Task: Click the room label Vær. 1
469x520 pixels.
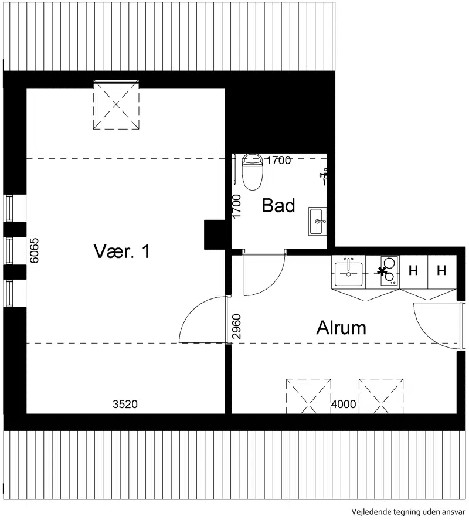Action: click(121, 251)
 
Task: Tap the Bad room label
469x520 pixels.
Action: click(278, 205)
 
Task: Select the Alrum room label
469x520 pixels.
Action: click(341, 328)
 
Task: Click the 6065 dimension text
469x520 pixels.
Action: click(34, 250)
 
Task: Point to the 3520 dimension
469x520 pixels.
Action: click(125, 404)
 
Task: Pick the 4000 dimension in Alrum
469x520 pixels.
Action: click(344, 404)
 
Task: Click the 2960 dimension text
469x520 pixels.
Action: click(236, 327)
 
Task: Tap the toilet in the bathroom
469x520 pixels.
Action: click(253, 172)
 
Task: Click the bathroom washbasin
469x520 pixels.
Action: click(317, 221)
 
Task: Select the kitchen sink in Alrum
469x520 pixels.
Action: click(348, 272)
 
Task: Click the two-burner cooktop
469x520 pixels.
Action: click(389, 271)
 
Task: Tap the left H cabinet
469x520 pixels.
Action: click(413, 271)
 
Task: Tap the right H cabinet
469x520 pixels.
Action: click(441, 271)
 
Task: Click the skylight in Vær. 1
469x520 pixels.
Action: click(115, 104)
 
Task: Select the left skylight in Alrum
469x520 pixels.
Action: click(308, 396)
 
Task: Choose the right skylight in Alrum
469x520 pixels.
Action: click(381, 396)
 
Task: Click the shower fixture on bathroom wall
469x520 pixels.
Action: click(324, 176)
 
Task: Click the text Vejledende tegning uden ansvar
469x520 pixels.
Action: click(408, 512)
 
